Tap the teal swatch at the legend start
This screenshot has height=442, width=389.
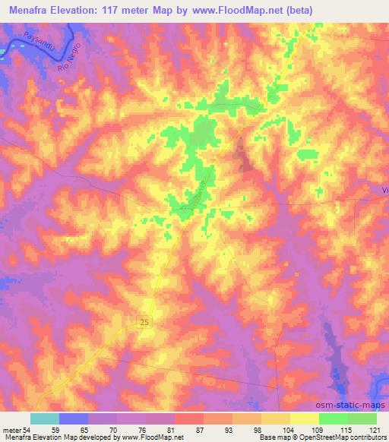(45, 418)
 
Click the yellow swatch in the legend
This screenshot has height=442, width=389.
(305, 418)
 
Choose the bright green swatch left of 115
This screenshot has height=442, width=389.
(334, 418)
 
